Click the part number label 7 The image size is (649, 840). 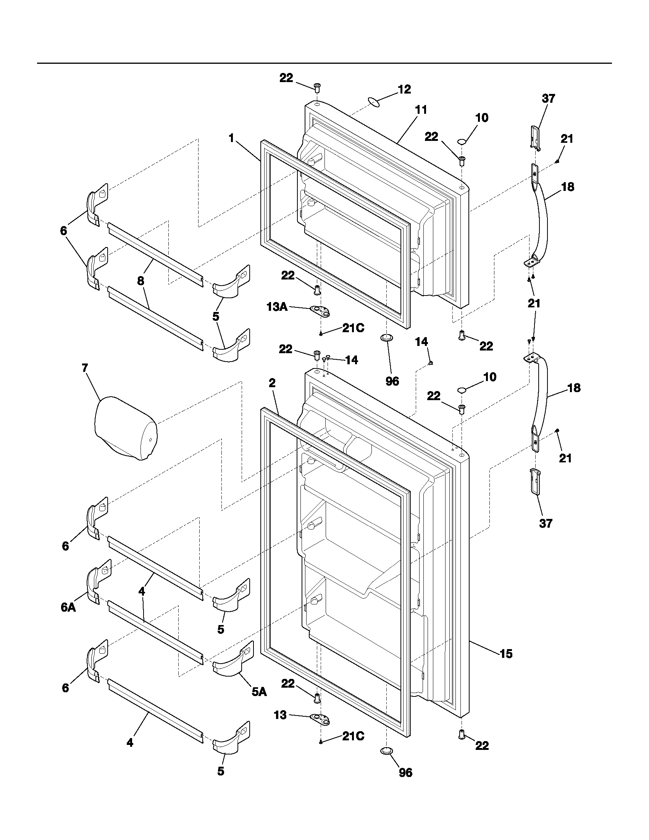tap(85, 368)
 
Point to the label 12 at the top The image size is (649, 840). tap(404, 89)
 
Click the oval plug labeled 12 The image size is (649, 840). tap(374, 102)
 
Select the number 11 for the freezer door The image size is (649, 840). tap(421, 110)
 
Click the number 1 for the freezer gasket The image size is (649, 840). tap(231, 138)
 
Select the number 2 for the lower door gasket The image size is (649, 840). tap(272, 383)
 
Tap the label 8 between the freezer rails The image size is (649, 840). tap(141, 281)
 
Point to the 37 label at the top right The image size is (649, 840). tap(549, 99)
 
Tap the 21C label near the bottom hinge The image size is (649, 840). tap(353, 736)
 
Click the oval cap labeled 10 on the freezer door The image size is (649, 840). tap(463, 142)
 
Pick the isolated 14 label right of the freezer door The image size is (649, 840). tap(421, 342)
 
